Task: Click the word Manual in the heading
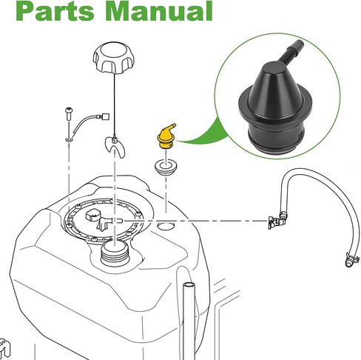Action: tap(161, 10)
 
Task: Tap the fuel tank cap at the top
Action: tap(114, 57)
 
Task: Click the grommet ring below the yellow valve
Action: tap(166, 167)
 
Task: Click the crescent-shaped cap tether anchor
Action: tap(115, 147)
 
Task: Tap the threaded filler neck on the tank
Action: tap(115, 254)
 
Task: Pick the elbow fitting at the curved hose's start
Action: tap(277, 221)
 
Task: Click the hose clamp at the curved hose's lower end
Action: tap(352, 258)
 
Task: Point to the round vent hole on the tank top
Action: tap(166, 226)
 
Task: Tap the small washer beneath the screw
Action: tap(69, 140)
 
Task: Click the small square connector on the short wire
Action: tap(105, 116)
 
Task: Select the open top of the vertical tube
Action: tap(189, 285)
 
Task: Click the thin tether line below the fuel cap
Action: tap(114, 104)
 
